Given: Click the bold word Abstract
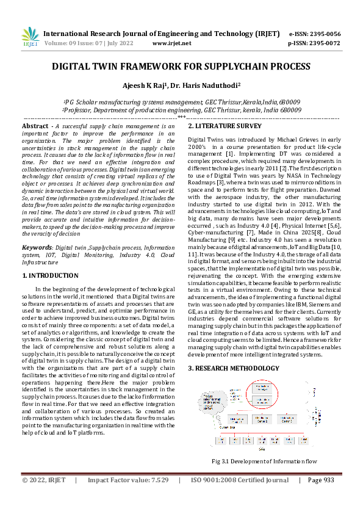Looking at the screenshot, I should [x=35, y=126].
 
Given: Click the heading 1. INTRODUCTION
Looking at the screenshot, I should [x=50, y=276].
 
